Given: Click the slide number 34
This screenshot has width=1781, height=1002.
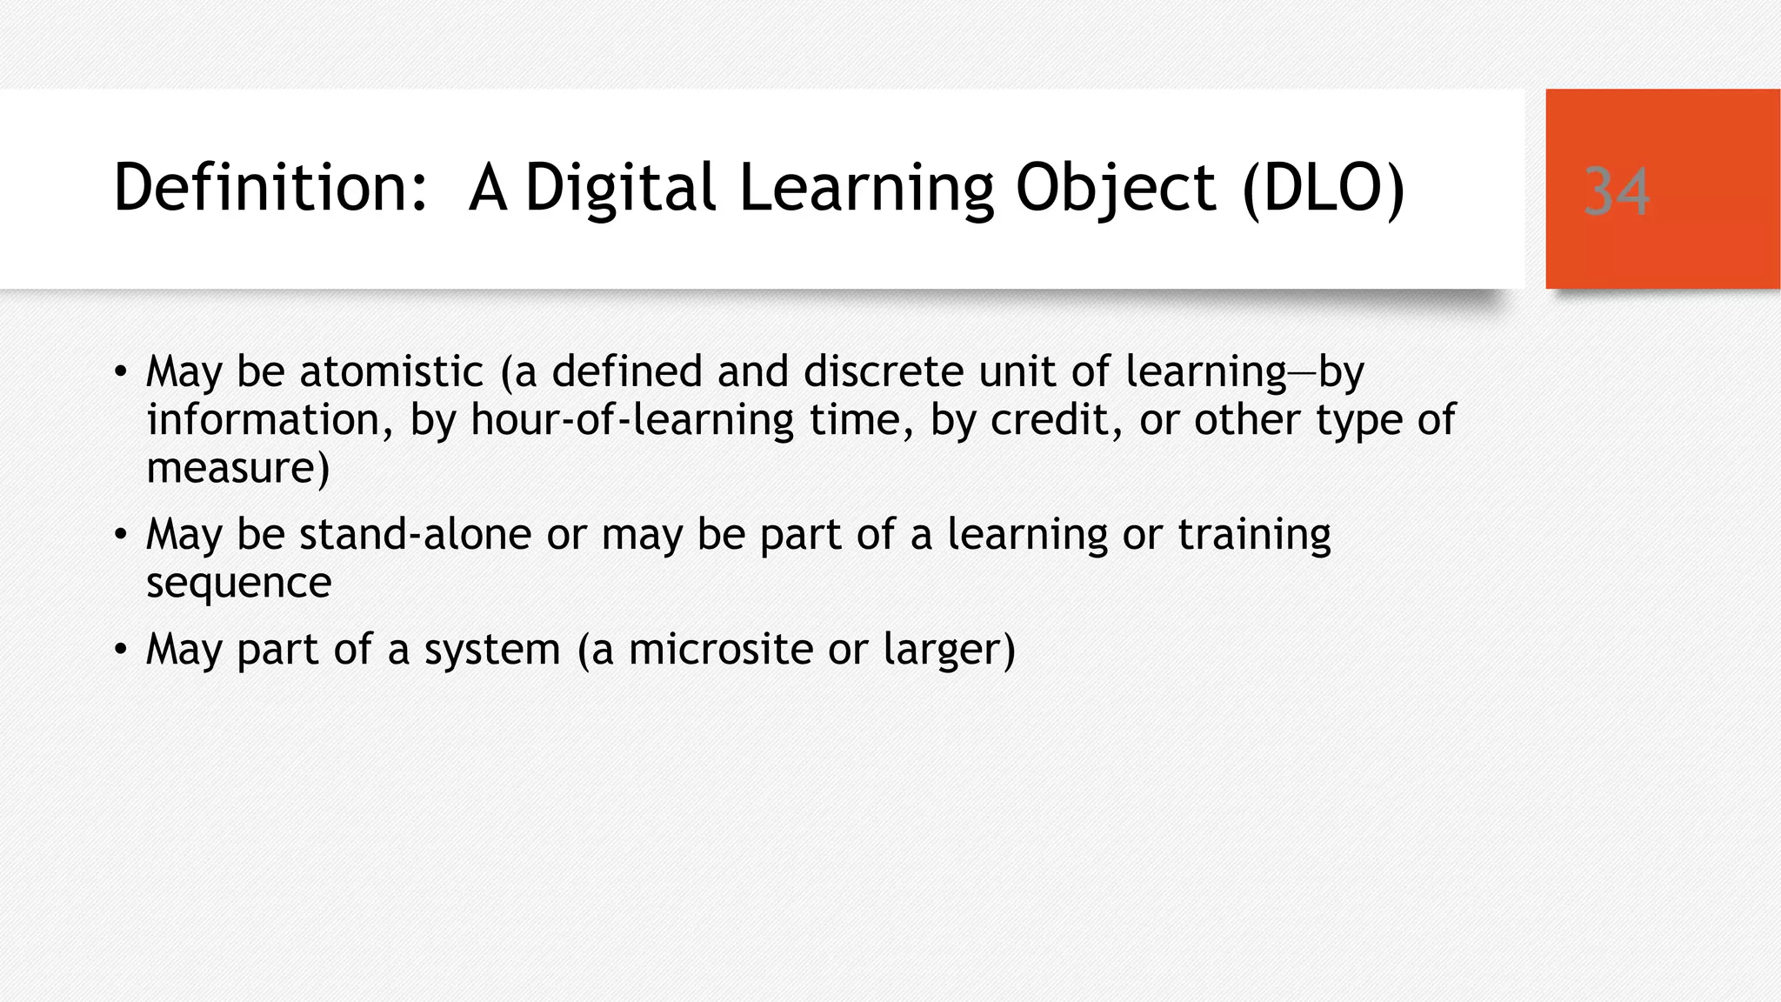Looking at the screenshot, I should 1616,191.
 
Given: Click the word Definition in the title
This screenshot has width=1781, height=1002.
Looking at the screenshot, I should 270,188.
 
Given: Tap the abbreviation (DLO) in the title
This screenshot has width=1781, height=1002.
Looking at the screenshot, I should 1323,188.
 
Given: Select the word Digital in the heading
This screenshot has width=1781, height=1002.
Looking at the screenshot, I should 621,188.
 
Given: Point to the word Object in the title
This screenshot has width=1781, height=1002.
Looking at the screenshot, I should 1116,188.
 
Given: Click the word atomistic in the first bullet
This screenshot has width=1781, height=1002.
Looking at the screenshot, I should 391,371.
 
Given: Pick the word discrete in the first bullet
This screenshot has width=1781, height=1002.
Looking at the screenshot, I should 883,371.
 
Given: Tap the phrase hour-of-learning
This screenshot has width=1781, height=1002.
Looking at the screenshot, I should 632,420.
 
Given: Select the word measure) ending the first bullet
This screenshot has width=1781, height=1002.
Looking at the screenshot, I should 237,468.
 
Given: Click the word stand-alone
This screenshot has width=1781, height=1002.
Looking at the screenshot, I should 415,534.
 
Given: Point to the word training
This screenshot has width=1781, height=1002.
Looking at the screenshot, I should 1254,534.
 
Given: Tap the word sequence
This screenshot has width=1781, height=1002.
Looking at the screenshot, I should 238,582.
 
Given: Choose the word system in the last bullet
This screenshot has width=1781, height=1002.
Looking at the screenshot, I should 492,649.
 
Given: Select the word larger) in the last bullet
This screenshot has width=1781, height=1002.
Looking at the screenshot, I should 949,649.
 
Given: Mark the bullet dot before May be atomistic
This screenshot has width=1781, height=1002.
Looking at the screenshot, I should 121,373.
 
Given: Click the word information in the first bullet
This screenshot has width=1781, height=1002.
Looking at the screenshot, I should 263,420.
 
